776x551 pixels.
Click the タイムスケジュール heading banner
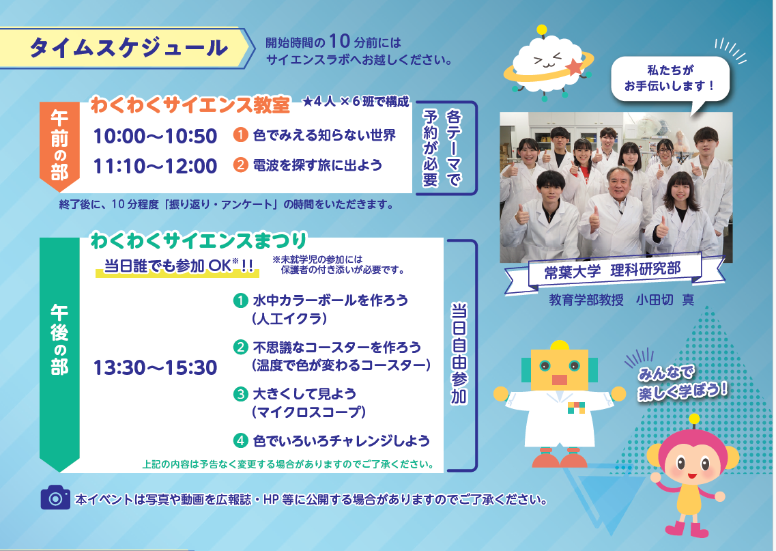coord(127,48)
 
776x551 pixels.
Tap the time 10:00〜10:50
coord(155,136)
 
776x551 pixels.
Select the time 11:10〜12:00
coord(155,167)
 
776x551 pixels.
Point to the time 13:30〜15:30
coord(155,368)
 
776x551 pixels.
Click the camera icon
coord(55,498)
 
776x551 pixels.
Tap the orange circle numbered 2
coord(240,165)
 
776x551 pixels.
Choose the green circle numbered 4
coord(240,440)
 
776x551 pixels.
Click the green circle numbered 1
coord(240,300)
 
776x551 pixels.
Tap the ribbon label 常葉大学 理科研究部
coord(614,271)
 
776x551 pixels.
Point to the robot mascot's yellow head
coord(560,369)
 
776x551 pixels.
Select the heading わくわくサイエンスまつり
coord(199,240)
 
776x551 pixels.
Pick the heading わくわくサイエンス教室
coord(190,105)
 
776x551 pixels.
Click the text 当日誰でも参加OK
coord(178,266)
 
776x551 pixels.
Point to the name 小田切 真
coord(665,300)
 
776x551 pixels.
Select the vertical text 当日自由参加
coord(459,354)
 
